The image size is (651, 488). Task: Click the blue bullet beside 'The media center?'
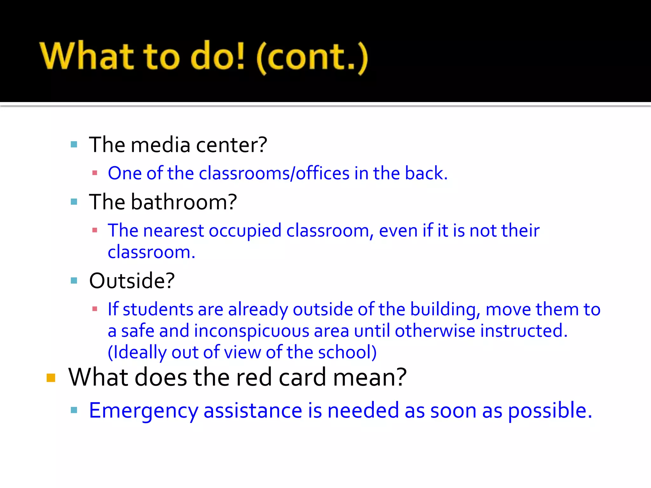74,145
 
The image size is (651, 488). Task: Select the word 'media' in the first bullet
161,145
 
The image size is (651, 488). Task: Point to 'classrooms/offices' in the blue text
274,173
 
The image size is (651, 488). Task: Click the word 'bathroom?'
184,202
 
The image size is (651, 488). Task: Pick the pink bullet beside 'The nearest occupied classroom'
94,230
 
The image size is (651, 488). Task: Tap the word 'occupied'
245,231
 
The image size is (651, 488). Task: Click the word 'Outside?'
132,281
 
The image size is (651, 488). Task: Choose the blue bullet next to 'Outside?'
74,281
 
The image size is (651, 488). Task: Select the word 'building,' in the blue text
445,309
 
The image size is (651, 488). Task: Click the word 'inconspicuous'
251,331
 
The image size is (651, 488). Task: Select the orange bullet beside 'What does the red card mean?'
51,378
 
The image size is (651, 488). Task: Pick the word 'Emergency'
144,411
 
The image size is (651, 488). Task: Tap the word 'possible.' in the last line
550,411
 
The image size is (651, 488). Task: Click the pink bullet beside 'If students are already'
94,309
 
